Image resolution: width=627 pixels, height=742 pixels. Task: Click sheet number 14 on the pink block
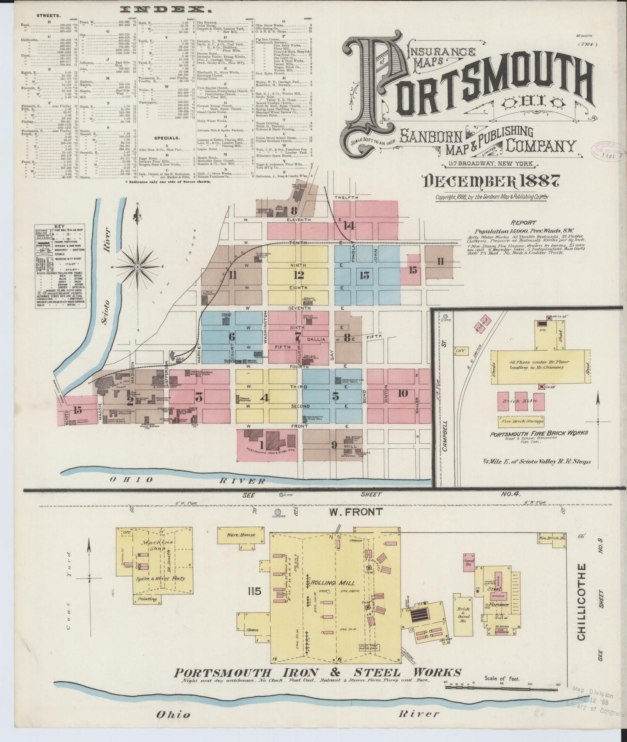pos(349,225)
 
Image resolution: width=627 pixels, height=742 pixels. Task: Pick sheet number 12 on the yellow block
pos(299,275)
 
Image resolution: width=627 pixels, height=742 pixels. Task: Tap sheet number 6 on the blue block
pos(232,336)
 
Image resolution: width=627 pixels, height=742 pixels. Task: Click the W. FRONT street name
pos(356,512)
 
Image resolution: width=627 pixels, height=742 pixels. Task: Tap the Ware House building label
pos(241,535)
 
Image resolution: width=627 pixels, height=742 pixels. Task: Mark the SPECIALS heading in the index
pos(167,138)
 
